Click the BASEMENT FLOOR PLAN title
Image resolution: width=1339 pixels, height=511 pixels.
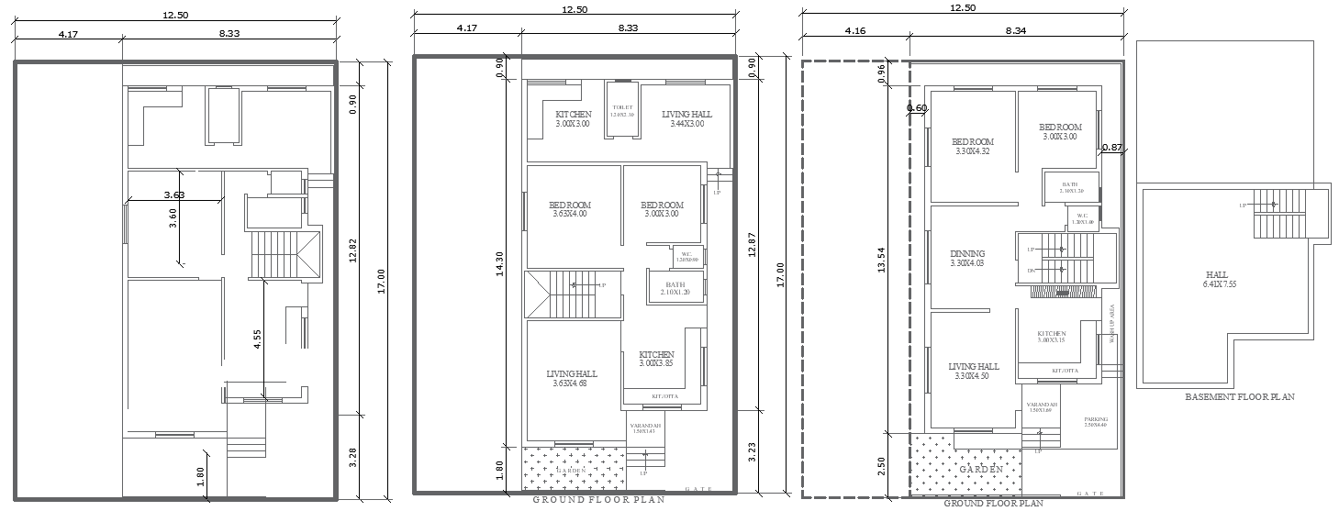click(x=1239, y=397)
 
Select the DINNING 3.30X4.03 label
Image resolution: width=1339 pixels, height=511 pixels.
click(x=967, y=259)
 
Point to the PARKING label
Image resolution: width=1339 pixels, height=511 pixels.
click(x=1095, y=422)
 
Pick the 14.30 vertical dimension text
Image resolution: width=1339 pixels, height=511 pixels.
click(x=500, y=263)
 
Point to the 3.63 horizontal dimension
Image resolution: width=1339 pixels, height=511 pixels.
click(x=173, y=194)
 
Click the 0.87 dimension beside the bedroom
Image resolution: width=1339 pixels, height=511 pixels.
click(x=1111, y=148)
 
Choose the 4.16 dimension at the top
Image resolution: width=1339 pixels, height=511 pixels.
click(x=854, y=30)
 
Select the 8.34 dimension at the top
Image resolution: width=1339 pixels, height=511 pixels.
click(x=1015, y=30)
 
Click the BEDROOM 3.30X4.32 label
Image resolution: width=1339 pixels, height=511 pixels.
click(x=972, y=147)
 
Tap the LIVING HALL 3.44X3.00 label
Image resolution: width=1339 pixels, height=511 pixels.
click(x=686, y=119)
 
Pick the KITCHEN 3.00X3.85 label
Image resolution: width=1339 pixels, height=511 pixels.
click(x=656, y=359)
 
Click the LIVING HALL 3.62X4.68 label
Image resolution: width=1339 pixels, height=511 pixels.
click(x=571, y=378)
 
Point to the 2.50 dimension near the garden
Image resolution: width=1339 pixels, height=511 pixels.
click(x=882, y=466)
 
